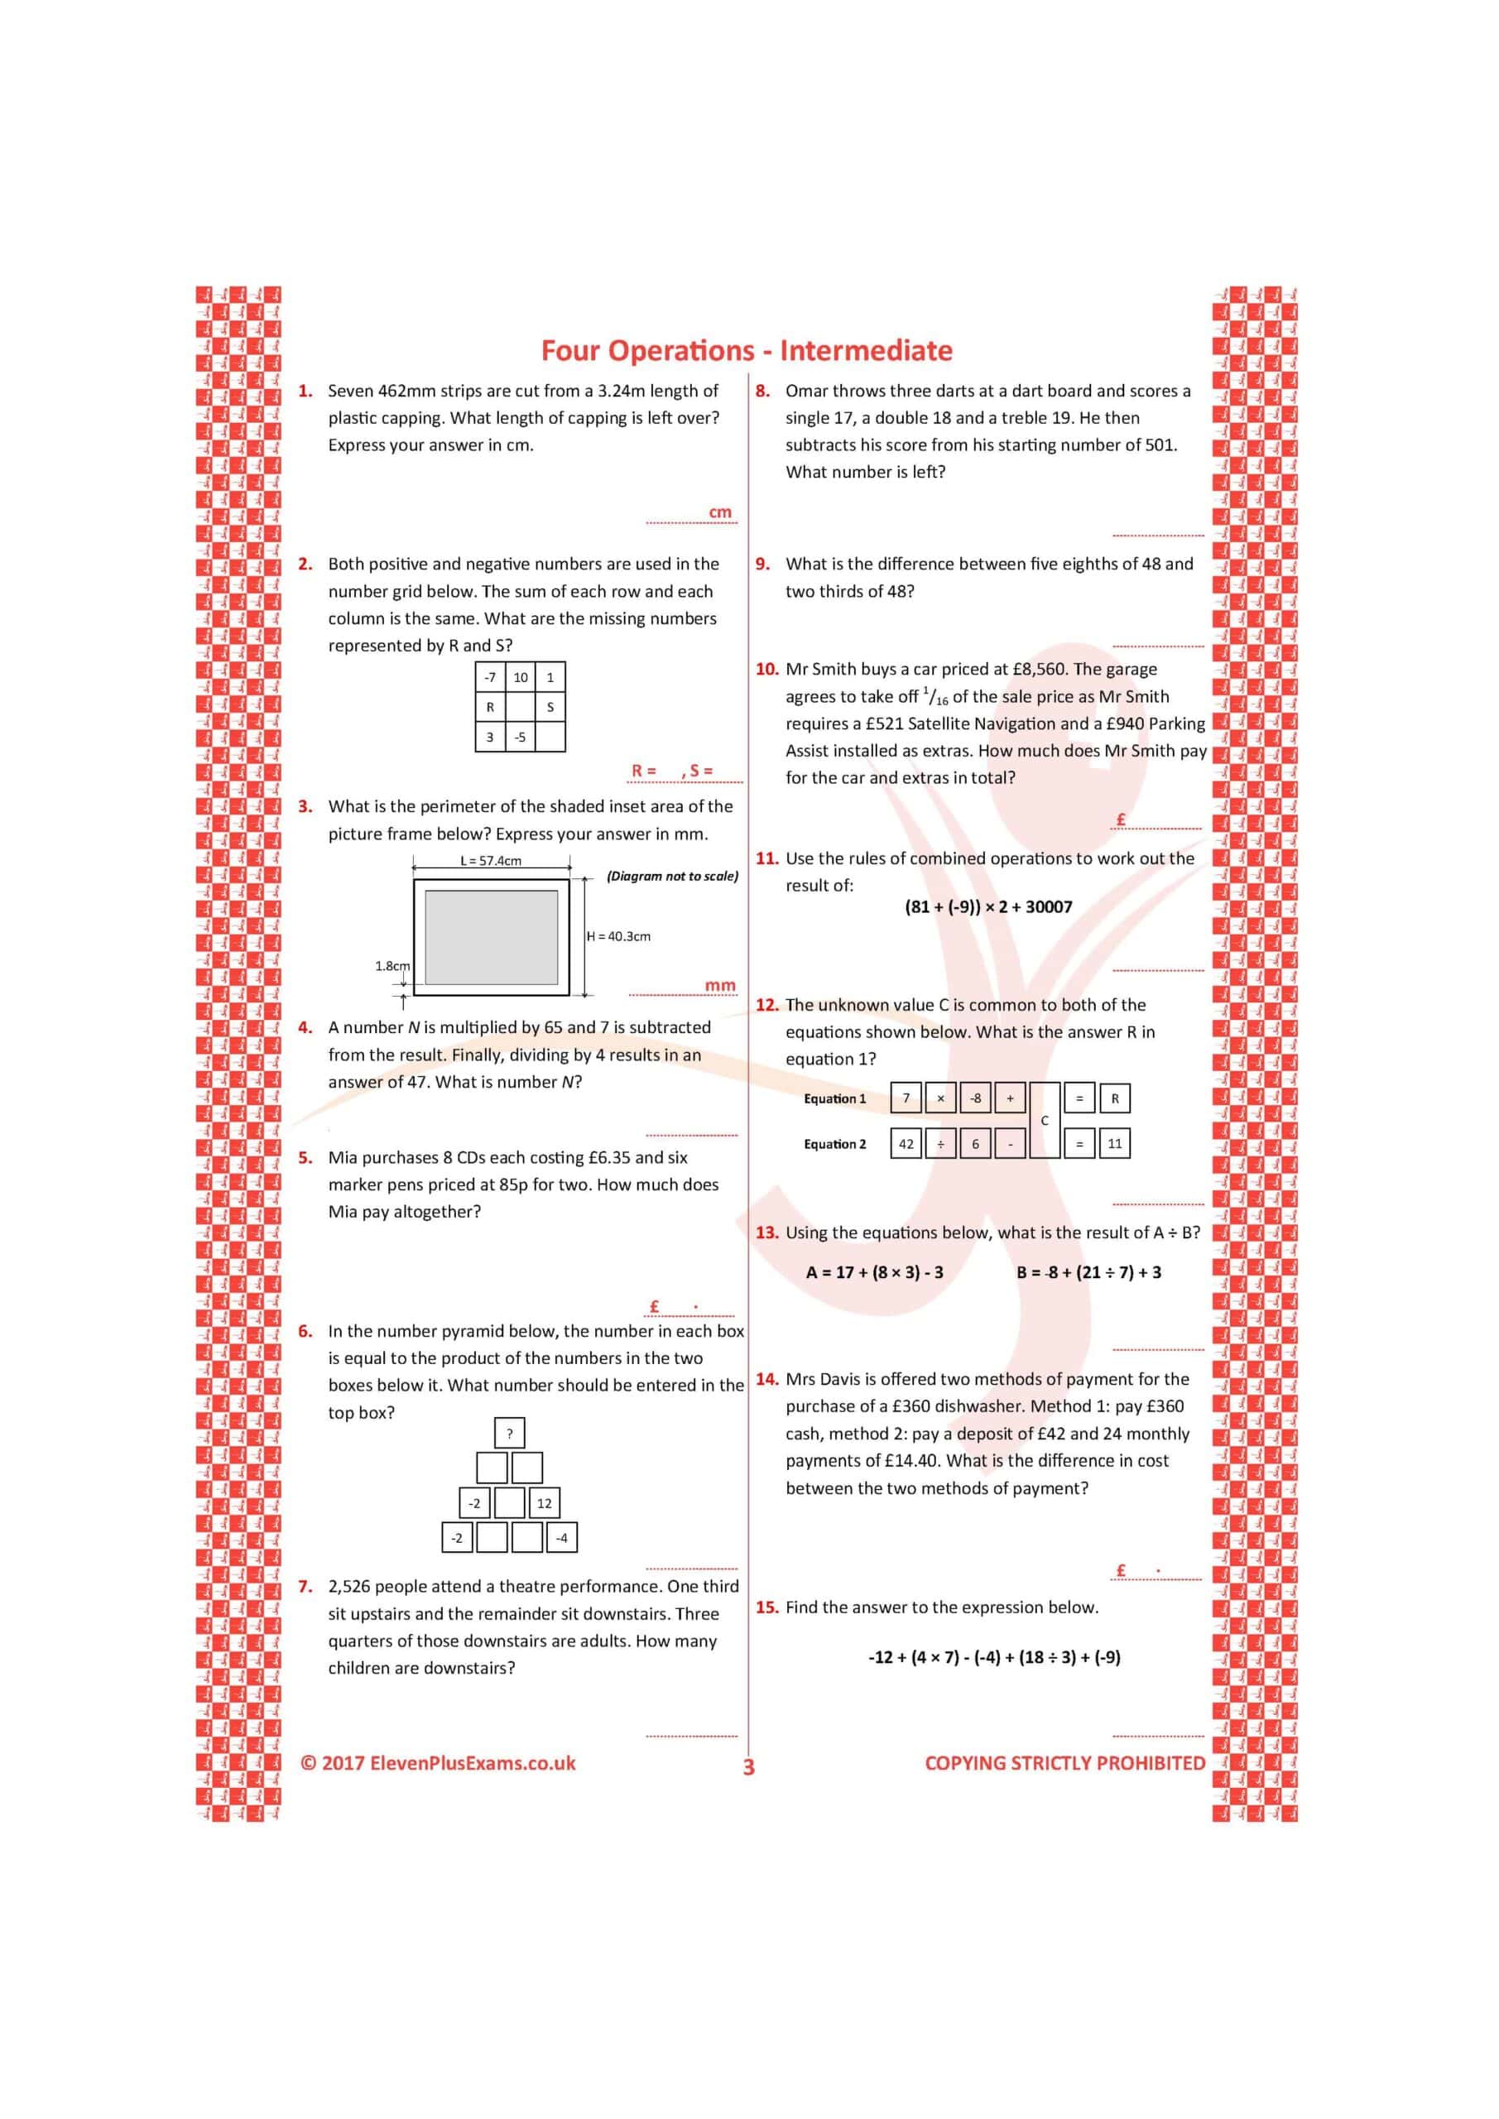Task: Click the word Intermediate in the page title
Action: click(866, 351)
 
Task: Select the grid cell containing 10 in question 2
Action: click(521, 677)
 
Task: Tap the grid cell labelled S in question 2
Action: click(550, 708)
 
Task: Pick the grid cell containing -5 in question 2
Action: click(521, 738)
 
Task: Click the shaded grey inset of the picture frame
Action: click(491, 937)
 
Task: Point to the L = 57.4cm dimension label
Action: click(491, 861)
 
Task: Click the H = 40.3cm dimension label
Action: click(618, 936)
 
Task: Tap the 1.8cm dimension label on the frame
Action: click(392, 965)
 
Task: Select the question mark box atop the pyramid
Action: click(510, 1434)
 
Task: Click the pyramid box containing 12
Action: click(545, 1503)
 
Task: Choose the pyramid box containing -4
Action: click(561, 1539)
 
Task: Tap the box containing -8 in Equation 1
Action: click(976, 1098)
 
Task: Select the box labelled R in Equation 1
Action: click(1115, 1098)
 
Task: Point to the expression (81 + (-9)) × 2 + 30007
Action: click(988, 907)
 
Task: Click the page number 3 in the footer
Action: click(748, 1767)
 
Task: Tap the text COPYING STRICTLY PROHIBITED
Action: click(1065, 1764)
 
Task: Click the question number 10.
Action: click(767, 669)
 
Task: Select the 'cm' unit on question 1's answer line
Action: click(720, 512)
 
